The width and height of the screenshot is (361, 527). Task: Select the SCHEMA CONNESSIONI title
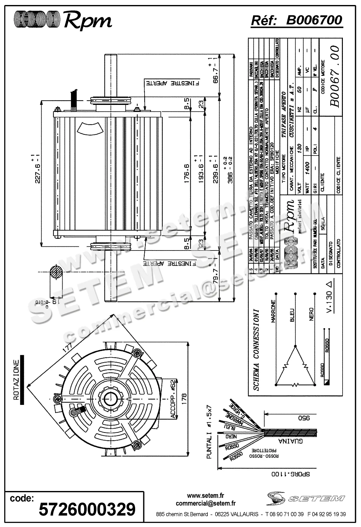point(257,350)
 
